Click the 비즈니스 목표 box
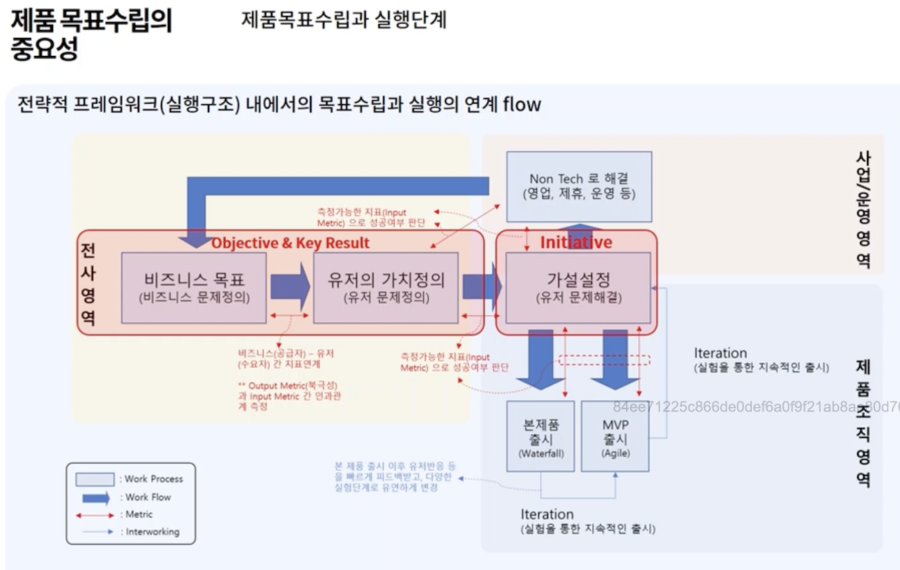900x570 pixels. coord(194,287)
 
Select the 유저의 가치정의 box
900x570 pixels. coord(385,287)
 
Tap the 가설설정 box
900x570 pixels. coord(578,287)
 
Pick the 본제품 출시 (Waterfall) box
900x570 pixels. coord(540,435)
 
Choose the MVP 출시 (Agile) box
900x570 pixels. coord(615,435)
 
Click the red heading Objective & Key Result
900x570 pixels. coord(291,243)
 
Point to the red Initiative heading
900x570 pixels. coord(576,242)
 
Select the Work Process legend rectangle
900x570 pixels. coord(95,479)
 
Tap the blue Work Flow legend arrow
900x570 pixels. coord(95,497)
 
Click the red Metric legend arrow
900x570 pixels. coord(95,515)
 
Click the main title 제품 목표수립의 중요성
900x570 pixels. coord(91,35)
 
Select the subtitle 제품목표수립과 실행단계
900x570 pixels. coord(344,19)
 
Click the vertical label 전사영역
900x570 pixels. coord(88,284)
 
